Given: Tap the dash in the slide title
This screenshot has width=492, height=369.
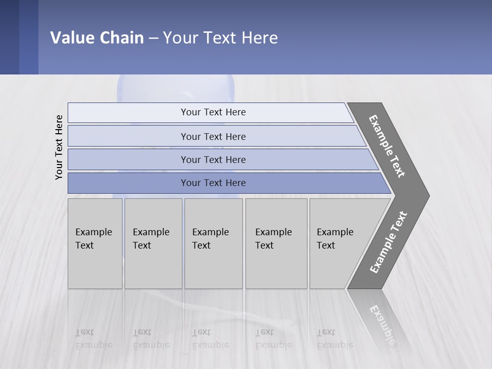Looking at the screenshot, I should tap(153, 38).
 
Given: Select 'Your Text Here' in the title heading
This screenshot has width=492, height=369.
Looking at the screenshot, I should tap(220, 38).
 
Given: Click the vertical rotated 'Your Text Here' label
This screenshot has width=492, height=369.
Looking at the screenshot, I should tap(59, 147).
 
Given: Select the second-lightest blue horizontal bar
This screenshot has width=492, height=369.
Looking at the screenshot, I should tap(213, 136).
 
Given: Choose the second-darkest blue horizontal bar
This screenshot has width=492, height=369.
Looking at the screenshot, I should tap(213, 159).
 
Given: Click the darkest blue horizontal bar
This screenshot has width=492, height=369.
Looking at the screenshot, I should tap(213, 183).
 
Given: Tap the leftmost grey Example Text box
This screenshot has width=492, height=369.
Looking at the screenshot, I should tap(95, 243).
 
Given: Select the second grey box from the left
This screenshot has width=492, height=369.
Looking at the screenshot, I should tap(153, 243).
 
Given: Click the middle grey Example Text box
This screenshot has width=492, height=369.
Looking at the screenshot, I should tap(213, 243).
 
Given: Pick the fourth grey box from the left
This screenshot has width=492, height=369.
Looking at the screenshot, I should tap(276, 243).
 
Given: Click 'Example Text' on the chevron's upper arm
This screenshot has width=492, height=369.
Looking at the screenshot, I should tap(387, 146).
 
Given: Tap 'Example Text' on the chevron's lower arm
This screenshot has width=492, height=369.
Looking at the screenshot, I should tap(388, 242).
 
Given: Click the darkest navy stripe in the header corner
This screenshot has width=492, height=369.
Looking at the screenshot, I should tap(9, 37).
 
